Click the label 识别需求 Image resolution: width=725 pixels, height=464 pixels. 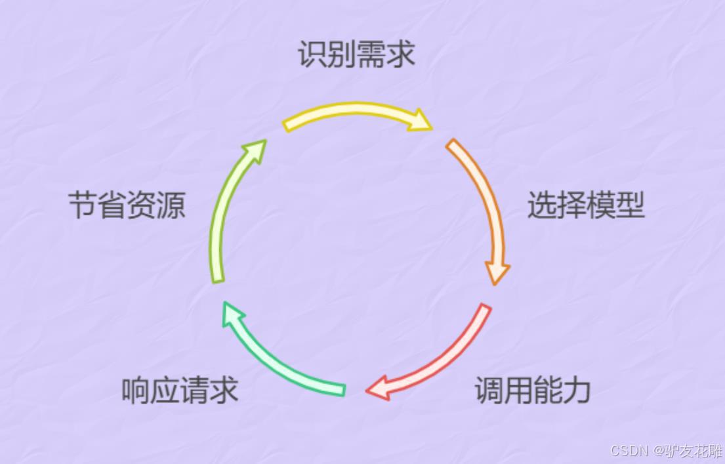(x=356, y=54)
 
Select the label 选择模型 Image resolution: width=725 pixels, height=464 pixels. (x=586, y=205)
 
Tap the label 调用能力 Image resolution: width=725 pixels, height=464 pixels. (x=533, y=390)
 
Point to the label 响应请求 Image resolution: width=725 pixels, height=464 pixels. (x=180, y=390)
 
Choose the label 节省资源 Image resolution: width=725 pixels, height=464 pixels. (x=127, y=205)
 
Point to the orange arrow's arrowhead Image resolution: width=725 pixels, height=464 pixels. (x=497, y=272)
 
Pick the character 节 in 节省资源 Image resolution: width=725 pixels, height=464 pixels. (x=83, y=205)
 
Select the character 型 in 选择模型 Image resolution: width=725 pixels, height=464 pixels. (x=631, y=205)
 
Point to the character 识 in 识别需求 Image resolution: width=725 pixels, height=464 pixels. (x=312, y=54)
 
